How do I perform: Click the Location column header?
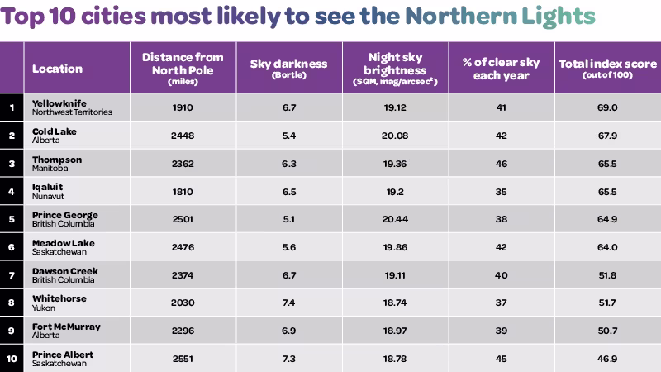(57, 69)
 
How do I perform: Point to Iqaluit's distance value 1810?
(182, 192)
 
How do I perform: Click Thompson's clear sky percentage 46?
(501, 164)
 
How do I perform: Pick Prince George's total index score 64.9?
(606, 219)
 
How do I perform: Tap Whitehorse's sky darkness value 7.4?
(288, 303)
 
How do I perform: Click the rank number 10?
(12, 360)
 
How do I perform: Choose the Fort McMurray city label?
(66, 327)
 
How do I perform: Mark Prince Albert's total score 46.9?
(606, 360)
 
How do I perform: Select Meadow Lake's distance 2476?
(182, 247)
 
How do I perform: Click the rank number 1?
(12, 107)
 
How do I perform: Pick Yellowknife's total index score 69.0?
(606, 107)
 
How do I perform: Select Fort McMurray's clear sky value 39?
(501, 331)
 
